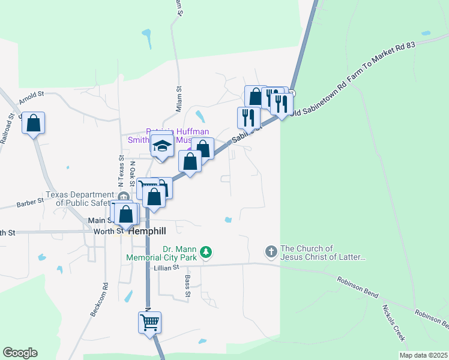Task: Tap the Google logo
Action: point(20,353)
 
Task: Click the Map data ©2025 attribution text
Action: point(423,355)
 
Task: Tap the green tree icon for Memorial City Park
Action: point(206,252)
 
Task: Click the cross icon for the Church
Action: point(271,252)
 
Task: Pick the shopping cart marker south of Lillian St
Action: point(149,323)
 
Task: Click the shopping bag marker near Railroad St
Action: point(34,124)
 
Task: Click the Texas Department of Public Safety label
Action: point(80,199)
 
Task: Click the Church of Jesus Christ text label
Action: point(323,253)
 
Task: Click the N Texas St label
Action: point(121,170)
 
